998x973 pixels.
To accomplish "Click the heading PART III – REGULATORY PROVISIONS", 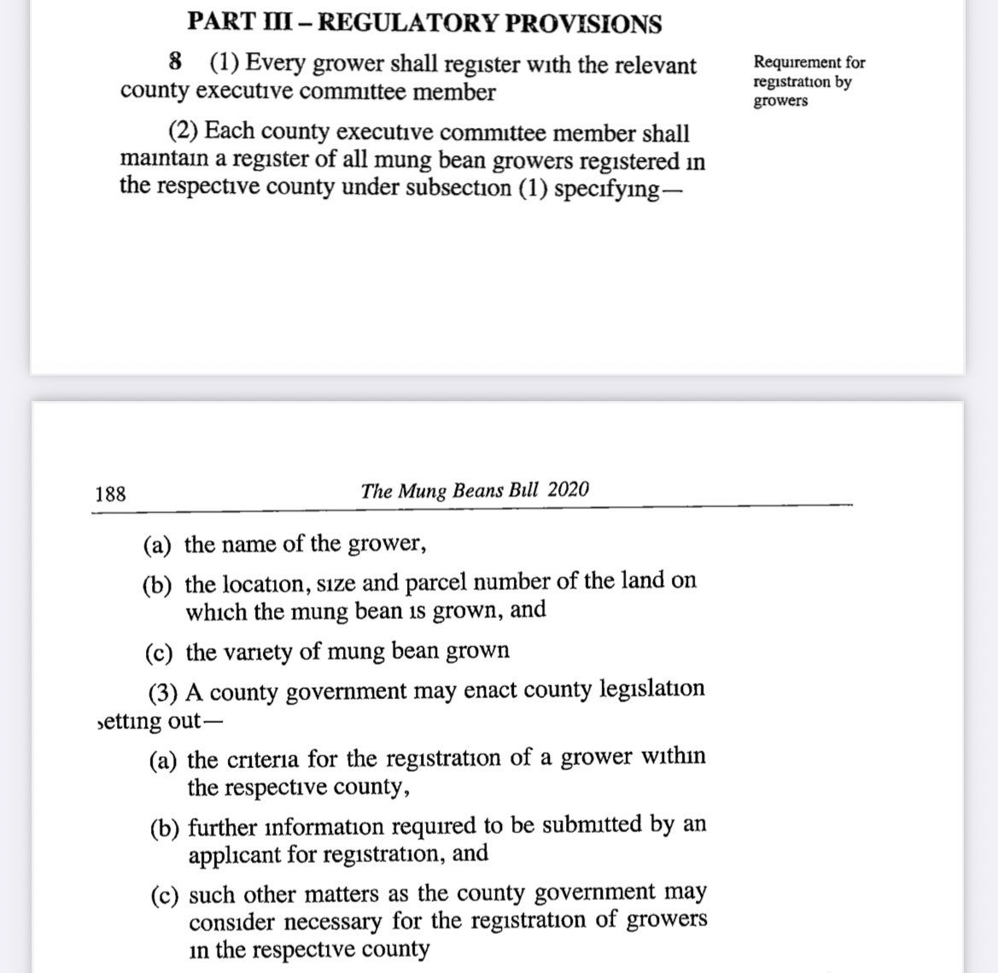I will (423, 22).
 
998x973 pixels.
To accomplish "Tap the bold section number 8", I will (176, 62).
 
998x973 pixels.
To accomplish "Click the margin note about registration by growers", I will (808, 81).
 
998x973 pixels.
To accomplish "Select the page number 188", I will (111, 493).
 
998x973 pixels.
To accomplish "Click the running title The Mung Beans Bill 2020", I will (475, 490).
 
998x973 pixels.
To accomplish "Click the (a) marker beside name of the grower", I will (159, 545).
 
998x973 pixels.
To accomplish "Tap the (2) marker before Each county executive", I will (183, 133).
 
